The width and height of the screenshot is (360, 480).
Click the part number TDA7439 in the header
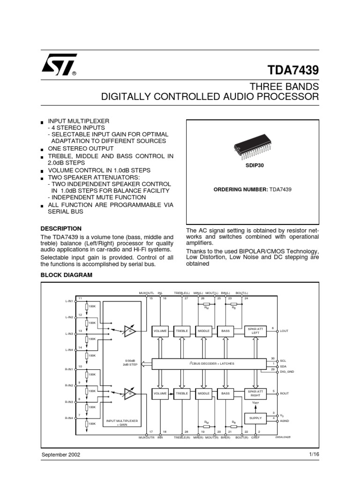293,70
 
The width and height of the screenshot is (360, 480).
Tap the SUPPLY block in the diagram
255,418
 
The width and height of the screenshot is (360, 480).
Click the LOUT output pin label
285,331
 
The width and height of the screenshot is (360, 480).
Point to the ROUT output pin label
285,394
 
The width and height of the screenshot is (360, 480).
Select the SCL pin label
283,361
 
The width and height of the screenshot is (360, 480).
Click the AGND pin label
285,421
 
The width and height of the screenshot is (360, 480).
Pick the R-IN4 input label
69,418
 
